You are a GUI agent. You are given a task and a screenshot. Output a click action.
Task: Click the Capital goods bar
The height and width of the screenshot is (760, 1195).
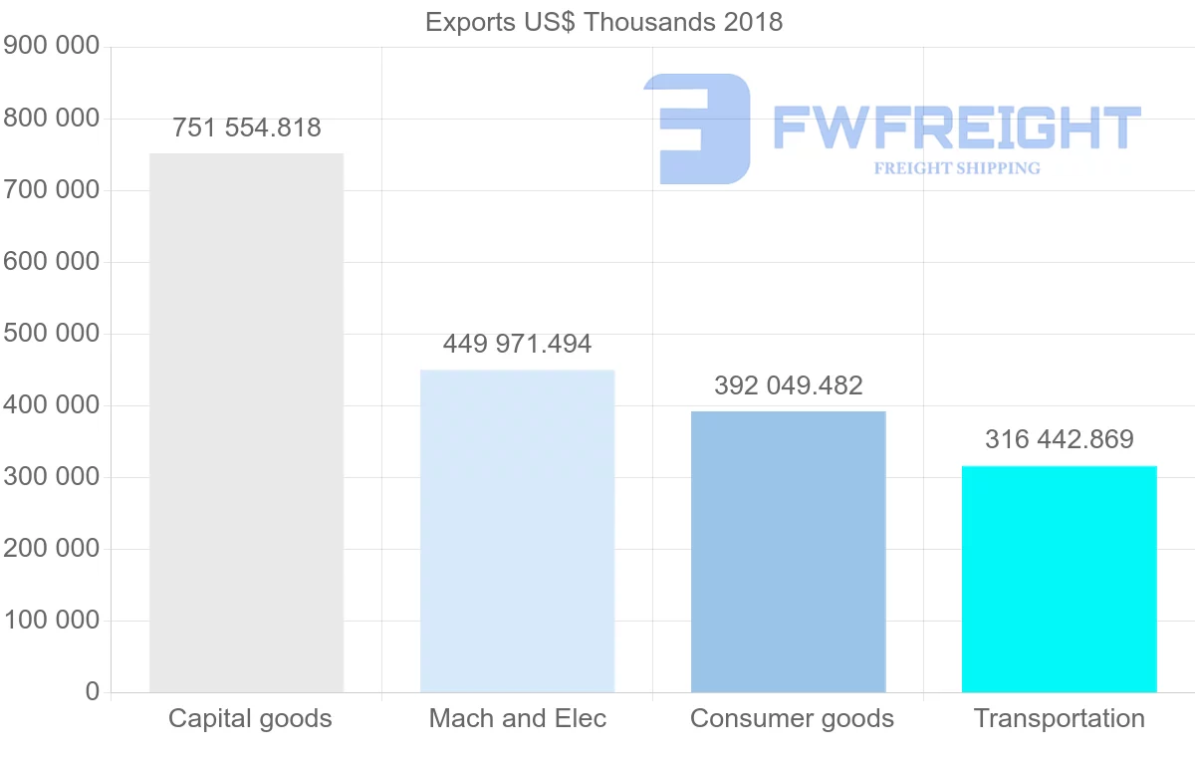click(x=246, y=422)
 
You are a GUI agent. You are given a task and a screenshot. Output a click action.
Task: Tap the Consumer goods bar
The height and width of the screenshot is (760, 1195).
click(x=788, y=552)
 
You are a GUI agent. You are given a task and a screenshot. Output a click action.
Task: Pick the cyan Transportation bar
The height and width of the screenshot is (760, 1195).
click(x=1059, y=579)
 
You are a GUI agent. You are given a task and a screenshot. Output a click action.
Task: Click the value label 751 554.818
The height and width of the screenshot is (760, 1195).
click(x=246, y=128)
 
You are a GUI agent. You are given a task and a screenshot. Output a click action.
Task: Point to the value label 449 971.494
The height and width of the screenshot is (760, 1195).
click(x=517, y=345)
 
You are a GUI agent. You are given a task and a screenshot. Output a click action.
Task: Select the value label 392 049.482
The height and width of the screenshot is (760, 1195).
click(x=788, y=386)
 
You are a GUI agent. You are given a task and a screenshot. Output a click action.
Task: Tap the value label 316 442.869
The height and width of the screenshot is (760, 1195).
click(x=1059, y=440)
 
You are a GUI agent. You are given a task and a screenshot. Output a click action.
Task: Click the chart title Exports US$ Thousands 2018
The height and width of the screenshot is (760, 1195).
click(x=603, y=22)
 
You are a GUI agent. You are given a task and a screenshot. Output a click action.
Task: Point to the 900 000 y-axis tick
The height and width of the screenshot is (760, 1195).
click(x=52, y=47)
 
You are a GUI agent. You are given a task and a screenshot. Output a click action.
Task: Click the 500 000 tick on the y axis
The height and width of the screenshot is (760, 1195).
click(x=52, y=334)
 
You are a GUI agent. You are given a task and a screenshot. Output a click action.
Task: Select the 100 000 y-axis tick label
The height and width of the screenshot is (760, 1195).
click(x=52, y=621)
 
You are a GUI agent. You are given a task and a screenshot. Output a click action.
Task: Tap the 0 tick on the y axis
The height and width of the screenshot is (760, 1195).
click(x=92, y=692)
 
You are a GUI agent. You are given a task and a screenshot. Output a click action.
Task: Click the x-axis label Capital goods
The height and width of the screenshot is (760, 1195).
click(x=250, y=719)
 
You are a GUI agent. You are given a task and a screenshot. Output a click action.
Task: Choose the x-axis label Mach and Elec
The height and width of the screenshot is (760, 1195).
click(x=517, y=719)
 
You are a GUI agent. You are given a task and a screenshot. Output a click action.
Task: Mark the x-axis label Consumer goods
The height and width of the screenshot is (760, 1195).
click(x=792, y=719)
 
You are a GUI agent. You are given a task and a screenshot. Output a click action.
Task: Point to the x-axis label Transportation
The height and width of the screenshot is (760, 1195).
click(x=1059, y=719)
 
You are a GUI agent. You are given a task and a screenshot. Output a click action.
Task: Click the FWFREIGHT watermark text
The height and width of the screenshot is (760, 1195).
click(x=956, y=127)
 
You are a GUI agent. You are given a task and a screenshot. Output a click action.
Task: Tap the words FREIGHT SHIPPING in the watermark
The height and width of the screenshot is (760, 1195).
click(x=956, y=168)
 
